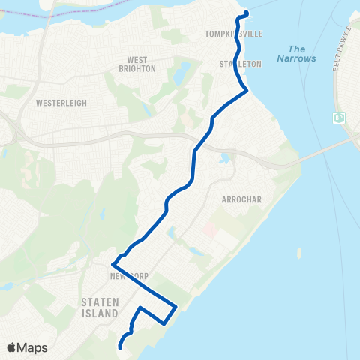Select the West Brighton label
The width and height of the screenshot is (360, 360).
click(136, 64)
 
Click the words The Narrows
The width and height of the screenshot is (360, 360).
click(296, 53)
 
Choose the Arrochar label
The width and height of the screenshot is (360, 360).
click(240, 200)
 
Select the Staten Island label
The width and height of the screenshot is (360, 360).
click(100, 307)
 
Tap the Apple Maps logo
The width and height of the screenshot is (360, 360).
click(27, 347)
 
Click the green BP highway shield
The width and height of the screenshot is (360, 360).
click(339, 118)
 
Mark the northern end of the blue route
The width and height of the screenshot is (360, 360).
click(246, 13)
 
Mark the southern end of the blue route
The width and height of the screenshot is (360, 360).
click(120, 346)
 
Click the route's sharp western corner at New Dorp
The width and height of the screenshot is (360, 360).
click(112, 264)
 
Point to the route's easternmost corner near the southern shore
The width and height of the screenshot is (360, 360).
click(175, 306)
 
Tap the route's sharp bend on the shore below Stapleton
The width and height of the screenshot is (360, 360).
click(247, 90)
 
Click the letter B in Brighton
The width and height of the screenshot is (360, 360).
click(121, 69)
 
